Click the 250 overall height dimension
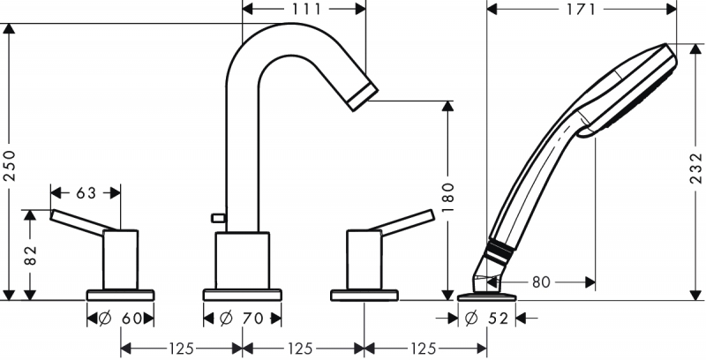pos(10,165)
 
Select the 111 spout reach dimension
pos(305,9)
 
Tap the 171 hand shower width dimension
pos(582,9)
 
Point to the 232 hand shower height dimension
pos(696,168)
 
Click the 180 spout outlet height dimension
pos(448,199)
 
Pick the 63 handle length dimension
pos(86,193)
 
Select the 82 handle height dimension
pos(30,255)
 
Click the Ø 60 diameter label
pos(120,319)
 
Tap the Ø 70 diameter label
pos(241,319)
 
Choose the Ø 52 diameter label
pos(486,319)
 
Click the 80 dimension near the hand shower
pos(541,282)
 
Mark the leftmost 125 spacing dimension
pos(182,349)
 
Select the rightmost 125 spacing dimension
pos(424,349)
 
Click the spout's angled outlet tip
pos(363,96)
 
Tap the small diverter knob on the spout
pos(218,218)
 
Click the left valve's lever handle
pos(83,222)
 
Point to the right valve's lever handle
pos(402,222)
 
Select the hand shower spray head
pos(629,89)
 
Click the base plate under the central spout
pos(242,295)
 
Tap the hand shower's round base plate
pos(487,297)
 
